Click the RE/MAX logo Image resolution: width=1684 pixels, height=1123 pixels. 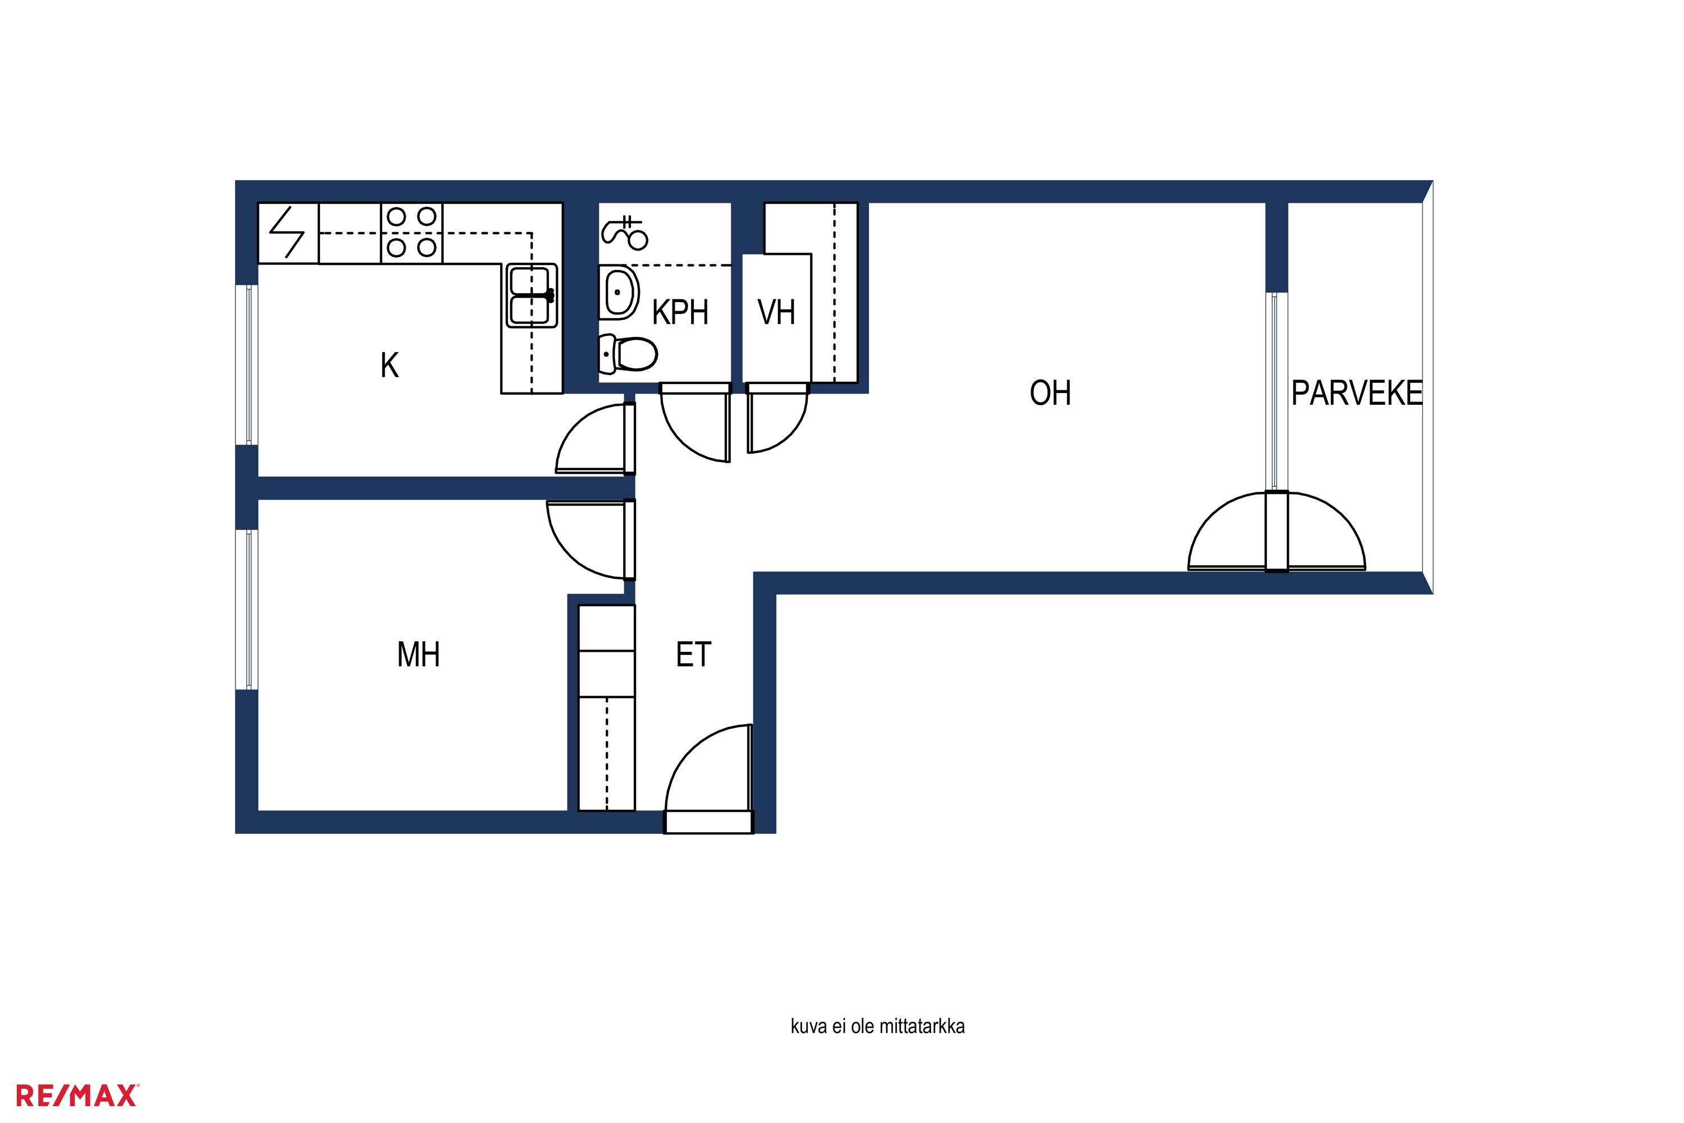(76, 1096)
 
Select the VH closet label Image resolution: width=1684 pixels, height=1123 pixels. (776, 312)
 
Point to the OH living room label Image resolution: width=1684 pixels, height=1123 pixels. (1050, 393)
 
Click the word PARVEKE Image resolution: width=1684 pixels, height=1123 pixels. (1357, 393)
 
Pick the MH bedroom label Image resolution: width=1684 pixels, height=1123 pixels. (418, 655)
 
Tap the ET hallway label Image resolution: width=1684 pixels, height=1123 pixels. (693, 655)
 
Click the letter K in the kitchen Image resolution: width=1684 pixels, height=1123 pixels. (390, 366)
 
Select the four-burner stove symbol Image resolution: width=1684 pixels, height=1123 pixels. (411, 233)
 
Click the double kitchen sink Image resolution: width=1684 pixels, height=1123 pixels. (531, 296)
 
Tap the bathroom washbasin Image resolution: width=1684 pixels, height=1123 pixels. (619, 292)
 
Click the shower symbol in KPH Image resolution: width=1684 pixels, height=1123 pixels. (625, 233)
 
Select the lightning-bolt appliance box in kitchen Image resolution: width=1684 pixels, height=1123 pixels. (288, 233)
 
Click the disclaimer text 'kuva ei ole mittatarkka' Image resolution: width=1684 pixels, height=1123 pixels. (877, 1026)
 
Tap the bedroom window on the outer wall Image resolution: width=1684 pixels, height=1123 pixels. (247, 609)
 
